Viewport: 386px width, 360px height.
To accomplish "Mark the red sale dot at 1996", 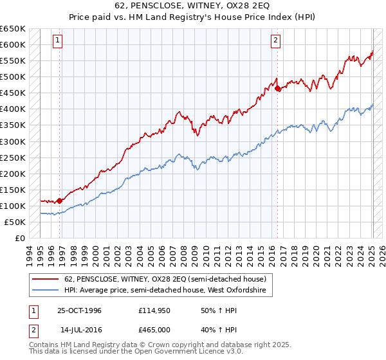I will tap(60, 201).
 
